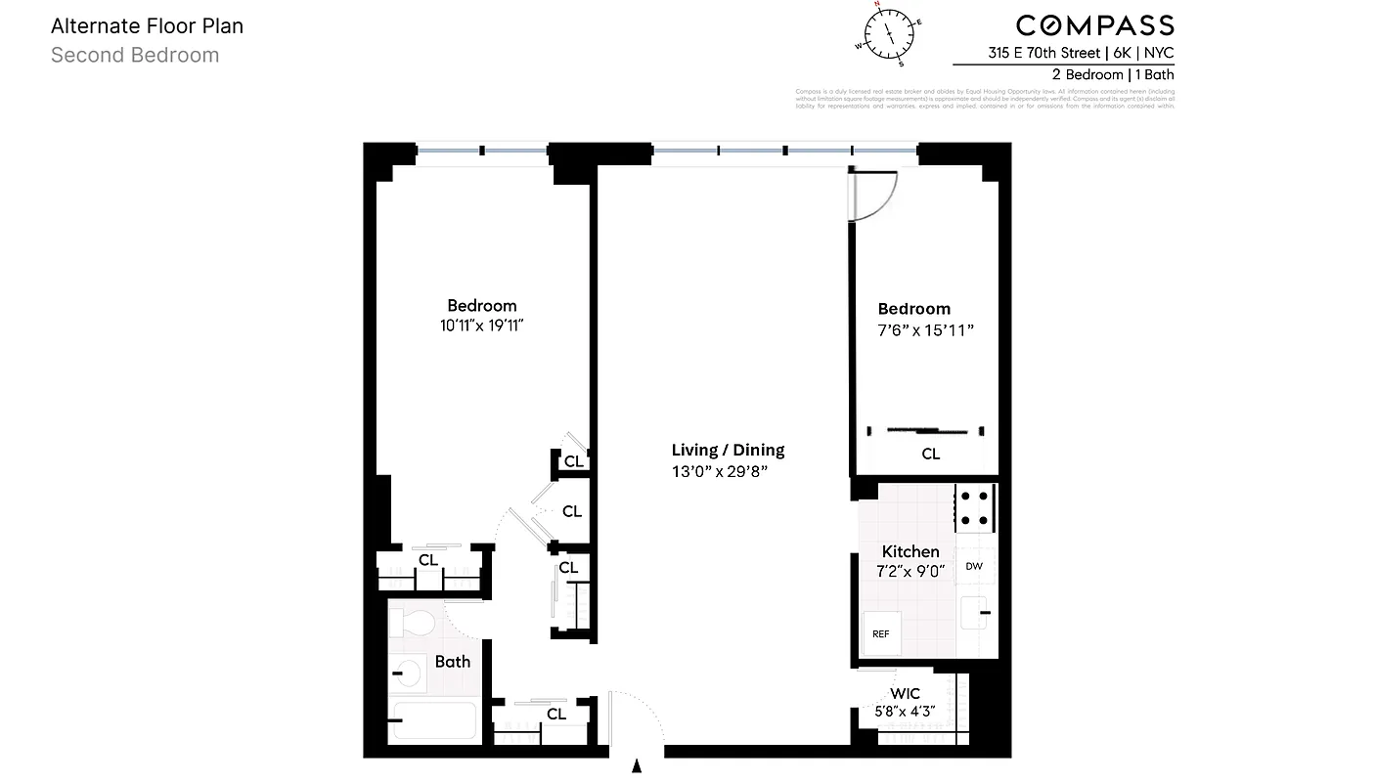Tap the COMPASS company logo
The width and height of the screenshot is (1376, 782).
(x=1094, y=26)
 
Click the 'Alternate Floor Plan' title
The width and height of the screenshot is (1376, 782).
(x=147, y=26)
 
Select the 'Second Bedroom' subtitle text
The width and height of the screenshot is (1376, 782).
(x=135, y=56)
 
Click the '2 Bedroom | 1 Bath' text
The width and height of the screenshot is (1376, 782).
(x=1113, y=74)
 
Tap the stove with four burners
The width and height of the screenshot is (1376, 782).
(x=974, y=508)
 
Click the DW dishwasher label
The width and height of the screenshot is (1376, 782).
(x=974, y=566)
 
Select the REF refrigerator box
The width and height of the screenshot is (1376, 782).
(x=881, y=633)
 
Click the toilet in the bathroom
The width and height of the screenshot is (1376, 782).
(x=415, y=623)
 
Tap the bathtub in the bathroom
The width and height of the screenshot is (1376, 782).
(x=432, y=721)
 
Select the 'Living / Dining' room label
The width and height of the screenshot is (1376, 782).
(x=728, y=451)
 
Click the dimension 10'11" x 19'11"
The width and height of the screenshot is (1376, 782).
(x=482, y=326)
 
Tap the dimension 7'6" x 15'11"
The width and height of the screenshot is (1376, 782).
(x=925, y=330)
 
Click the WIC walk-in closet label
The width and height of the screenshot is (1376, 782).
(x=905, y=694)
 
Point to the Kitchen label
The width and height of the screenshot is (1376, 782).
(x=910, y=552)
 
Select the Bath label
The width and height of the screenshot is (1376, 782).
(x=453, y=662)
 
